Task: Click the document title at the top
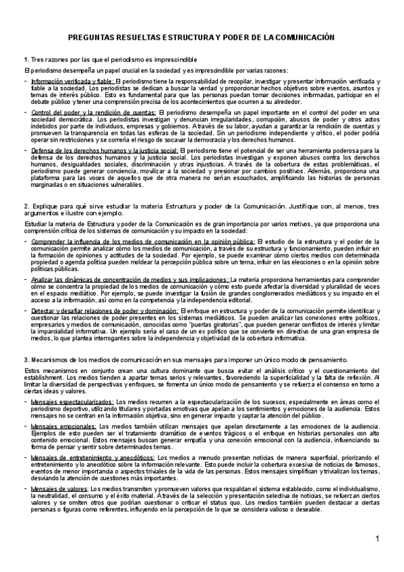click(202, 39)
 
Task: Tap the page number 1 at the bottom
click(378, 538)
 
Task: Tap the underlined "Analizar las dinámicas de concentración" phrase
click(97, 279)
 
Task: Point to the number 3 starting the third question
click(26, 359)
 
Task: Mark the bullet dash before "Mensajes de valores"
click(26, 488)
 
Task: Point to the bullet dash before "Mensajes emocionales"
click(26, 426)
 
